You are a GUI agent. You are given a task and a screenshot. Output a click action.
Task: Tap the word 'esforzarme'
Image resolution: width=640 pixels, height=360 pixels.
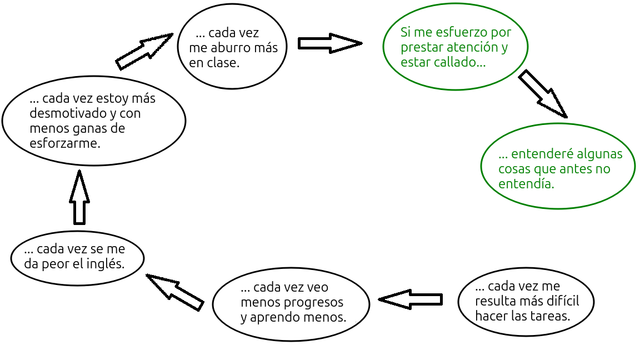65,143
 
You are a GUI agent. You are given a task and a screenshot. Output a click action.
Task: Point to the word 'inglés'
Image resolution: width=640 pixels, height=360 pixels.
107,264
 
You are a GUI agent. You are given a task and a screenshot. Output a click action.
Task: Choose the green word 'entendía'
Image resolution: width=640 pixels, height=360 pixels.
526,184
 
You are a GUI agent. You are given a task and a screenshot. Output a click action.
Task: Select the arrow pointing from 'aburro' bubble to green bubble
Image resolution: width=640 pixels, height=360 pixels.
330,43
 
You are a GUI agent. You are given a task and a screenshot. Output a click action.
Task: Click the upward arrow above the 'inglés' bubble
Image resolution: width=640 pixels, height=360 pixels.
79,197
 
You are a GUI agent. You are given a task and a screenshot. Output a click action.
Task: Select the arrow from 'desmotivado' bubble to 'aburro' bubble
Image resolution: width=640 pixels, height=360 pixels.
144,51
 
